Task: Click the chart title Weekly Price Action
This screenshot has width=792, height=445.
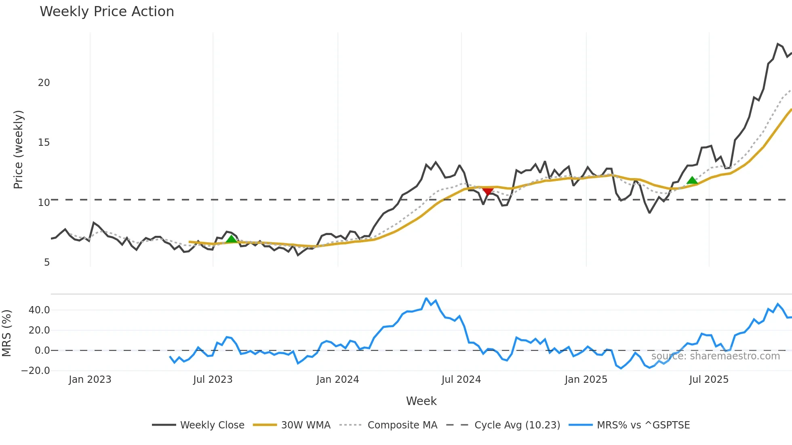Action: (x=107, y=12)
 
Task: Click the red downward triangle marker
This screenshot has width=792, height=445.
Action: (x=488, y=191)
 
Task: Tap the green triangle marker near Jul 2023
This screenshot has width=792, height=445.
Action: (x=231, y=239)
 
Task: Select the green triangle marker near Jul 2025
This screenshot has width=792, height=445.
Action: (x=692, y=181)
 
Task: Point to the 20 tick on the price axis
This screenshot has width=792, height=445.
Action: (x=44, y=83)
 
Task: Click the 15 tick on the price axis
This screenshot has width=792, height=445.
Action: (x=44, y=143)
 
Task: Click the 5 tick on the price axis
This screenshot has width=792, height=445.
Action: (x=47, y=262)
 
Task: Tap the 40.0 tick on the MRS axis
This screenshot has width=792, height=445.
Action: (x=39, y=310)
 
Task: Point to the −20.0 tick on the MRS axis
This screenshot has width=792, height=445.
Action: (x=36, y=371)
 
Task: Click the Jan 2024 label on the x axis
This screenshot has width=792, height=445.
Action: (x=337, y=380)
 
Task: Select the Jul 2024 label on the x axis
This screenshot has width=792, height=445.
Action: (x=461, y=380)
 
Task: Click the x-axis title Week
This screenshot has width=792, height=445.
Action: (x=421, y=401)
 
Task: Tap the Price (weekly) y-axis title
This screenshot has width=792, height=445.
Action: (x=18, y=149)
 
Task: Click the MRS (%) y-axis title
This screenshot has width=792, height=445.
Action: (x=6, y=333)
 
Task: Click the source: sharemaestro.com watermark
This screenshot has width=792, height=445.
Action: (x=715, y=356)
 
